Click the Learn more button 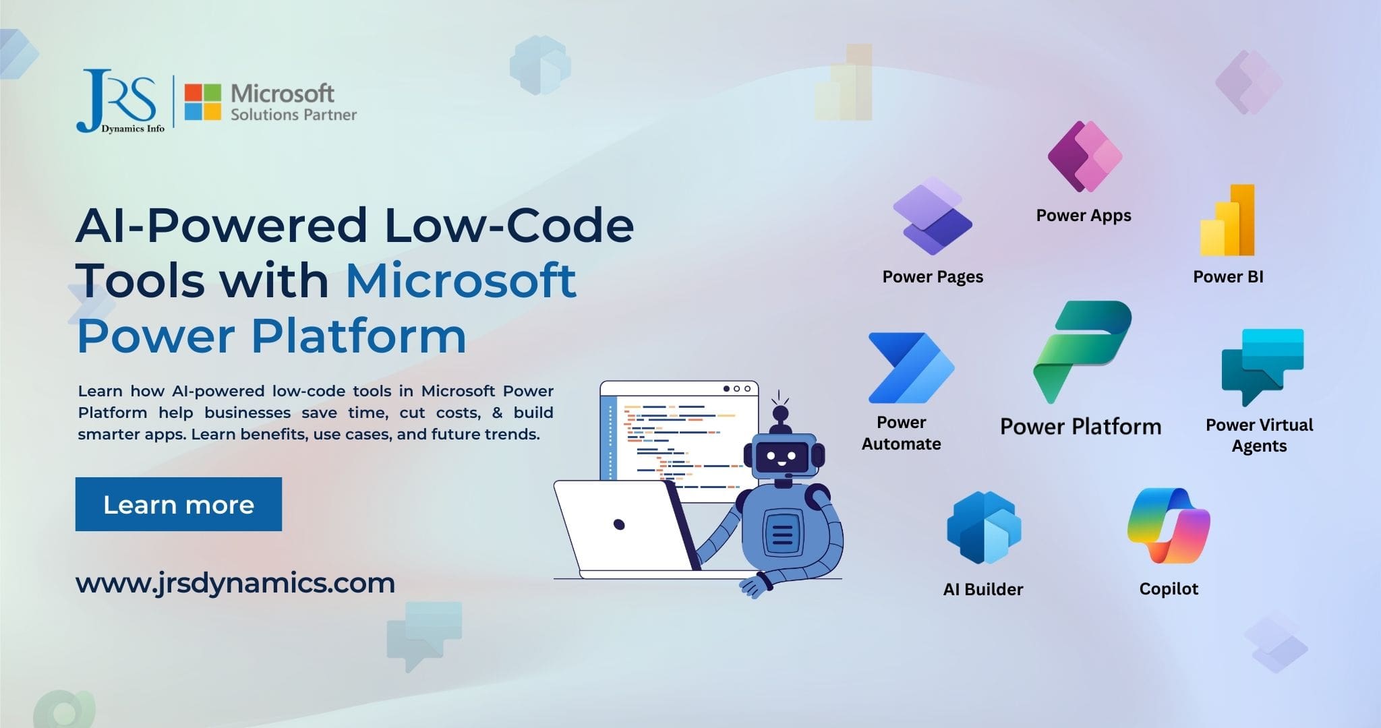tap(178, 504)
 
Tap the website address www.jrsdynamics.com tap(235, 583)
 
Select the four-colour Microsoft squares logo tap(202, 102)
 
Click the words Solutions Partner tap(293, 115)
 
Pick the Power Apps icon tap(1084, 156)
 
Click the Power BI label tap(1228, 277)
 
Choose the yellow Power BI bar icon tap(1227, 220)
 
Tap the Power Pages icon tap(933, 216)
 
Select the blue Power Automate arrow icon tap(910, 368)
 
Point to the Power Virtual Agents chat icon tap(1262, 366)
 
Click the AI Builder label tap(982, 590)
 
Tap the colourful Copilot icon tap(1169, 526)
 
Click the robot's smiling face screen tap(781, 459)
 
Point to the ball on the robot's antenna tap(780, 413)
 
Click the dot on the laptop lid tap(619, 524)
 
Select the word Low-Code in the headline tap(509, 226)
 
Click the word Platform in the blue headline tap(359, 336)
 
